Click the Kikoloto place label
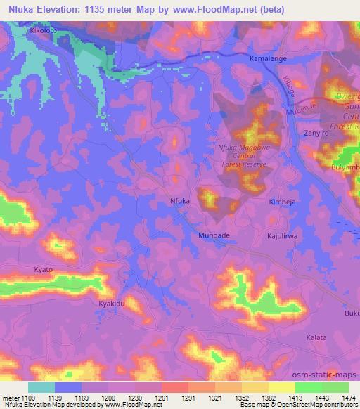click(24, 32)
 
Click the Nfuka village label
click(180, 201)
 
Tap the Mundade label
click(214, 236)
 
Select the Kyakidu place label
click(111, 303)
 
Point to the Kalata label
click(316, 337)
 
